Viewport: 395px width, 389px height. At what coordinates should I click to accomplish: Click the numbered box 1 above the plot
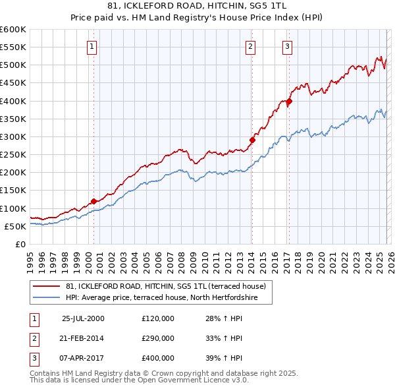click(92, 46)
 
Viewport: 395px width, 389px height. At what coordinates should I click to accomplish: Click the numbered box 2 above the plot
click(251, 46)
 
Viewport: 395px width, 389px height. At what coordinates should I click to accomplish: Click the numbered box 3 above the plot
click(288, 46)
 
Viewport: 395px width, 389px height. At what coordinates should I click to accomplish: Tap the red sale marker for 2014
click(252, 140)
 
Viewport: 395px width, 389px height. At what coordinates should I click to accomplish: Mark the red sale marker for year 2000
click(93, 200)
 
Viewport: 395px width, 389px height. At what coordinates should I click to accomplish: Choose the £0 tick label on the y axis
click(19, 244)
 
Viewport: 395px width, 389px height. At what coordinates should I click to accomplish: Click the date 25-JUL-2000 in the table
click(83, 318)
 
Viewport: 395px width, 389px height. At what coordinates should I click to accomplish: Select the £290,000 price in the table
click(158, 338)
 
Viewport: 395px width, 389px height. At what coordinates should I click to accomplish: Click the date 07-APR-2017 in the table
click(83, 358)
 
